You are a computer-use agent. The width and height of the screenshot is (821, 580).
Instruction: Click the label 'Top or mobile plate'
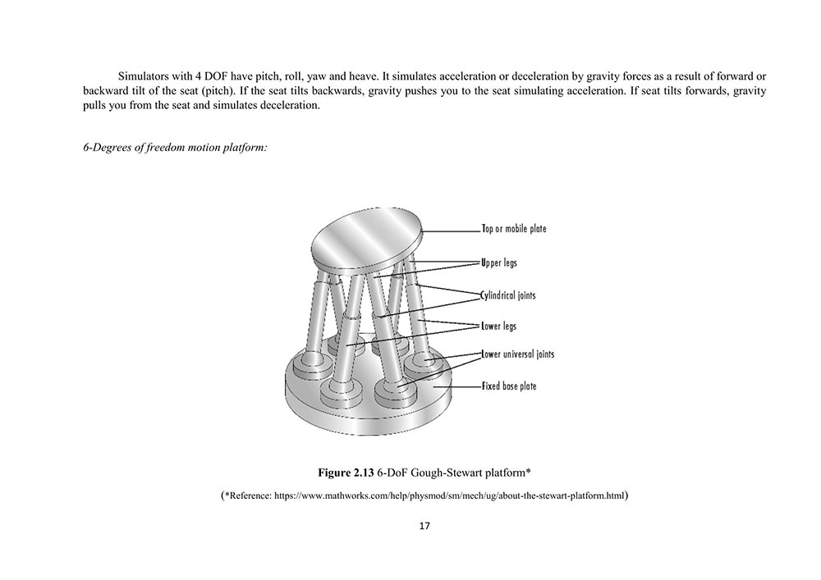[514, 229]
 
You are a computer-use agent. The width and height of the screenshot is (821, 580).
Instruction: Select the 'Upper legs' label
[499, 263]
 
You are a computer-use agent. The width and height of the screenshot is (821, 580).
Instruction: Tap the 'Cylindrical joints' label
[508, 295]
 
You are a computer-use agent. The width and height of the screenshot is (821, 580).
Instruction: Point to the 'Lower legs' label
[499, 326]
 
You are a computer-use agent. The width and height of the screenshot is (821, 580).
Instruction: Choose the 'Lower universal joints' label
[517, 354]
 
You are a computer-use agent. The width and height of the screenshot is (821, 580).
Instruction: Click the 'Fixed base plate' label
[509, 386]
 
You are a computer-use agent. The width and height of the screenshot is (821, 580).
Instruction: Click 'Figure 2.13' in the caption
[346, 473]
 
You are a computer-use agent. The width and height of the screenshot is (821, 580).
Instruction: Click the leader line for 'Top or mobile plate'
[452, 230]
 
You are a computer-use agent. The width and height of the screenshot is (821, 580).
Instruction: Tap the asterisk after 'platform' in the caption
[529, 472]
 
